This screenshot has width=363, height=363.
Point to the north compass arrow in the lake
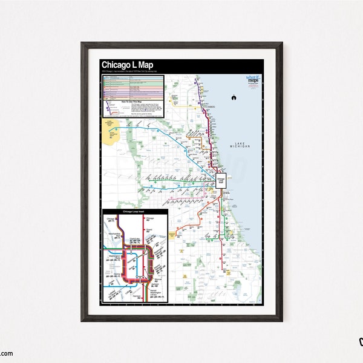[x=234, y=97]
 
